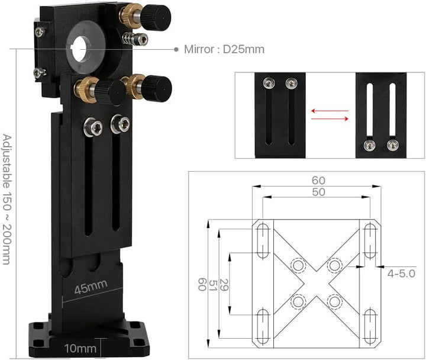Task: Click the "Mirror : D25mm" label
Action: pos(224,49)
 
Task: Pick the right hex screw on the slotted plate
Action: pos(120,124)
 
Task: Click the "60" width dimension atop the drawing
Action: pos(318,180)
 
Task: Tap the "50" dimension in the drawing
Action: pos(318,192)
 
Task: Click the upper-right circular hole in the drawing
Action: pos(335,265)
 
